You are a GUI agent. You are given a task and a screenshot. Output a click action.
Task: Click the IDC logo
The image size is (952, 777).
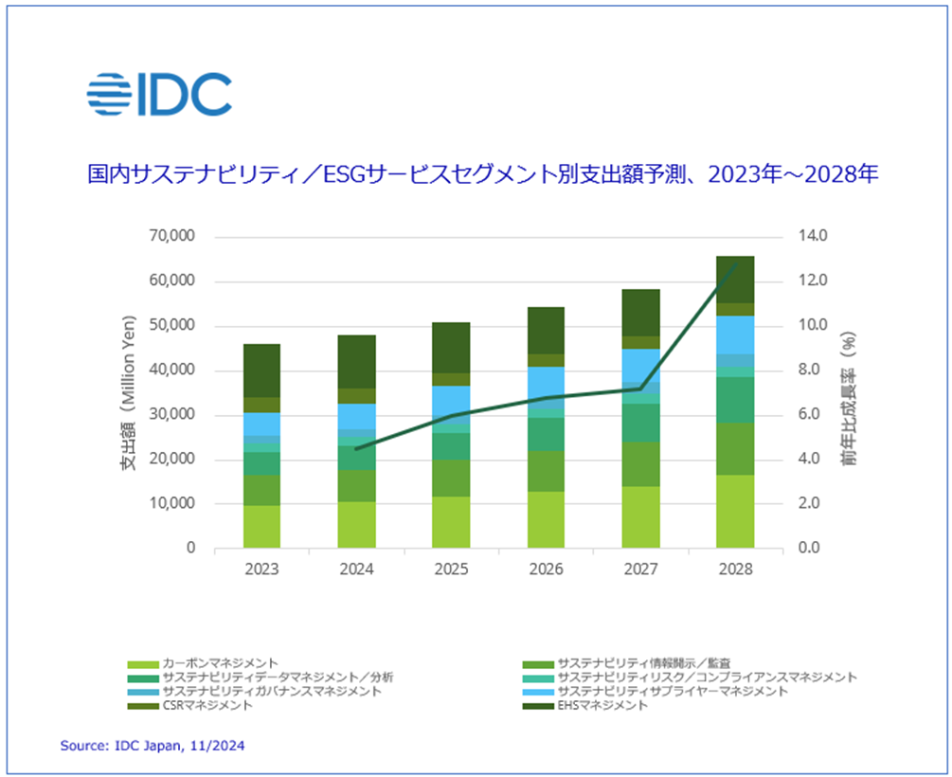coord(158,94)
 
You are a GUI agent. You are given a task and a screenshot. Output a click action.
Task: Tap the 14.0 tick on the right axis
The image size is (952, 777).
coord(814,236)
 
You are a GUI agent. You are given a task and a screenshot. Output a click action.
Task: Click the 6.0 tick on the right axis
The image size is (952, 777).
coord(814,415)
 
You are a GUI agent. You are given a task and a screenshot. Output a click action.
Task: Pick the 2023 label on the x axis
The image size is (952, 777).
coord(261,569)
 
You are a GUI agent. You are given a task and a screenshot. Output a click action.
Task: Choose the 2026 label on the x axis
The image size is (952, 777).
coord(546,569)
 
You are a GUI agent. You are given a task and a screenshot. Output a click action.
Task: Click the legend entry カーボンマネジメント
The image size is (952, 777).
coord(220,662)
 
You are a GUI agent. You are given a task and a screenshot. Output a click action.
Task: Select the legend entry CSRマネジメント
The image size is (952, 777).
coord(207,705)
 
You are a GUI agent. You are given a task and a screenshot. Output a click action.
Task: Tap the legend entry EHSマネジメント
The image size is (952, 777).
coord(602,705)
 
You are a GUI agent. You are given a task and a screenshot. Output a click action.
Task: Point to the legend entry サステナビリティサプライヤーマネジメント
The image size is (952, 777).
coord(672,691)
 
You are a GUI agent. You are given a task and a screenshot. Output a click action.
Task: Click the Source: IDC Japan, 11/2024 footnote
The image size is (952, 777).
coord(153,746)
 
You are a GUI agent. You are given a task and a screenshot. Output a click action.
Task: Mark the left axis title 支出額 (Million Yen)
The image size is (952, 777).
coord(126,390)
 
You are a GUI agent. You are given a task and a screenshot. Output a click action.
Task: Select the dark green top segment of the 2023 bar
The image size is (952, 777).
coord(261,370)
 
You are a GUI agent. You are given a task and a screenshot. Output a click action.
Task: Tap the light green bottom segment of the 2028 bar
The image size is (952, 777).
coord(735,511)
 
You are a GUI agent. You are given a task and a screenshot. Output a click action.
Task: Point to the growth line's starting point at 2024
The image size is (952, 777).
coord(356,448)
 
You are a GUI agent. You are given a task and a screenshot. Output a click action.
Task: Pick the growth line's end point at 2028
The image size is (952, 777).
coord(735,264)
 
